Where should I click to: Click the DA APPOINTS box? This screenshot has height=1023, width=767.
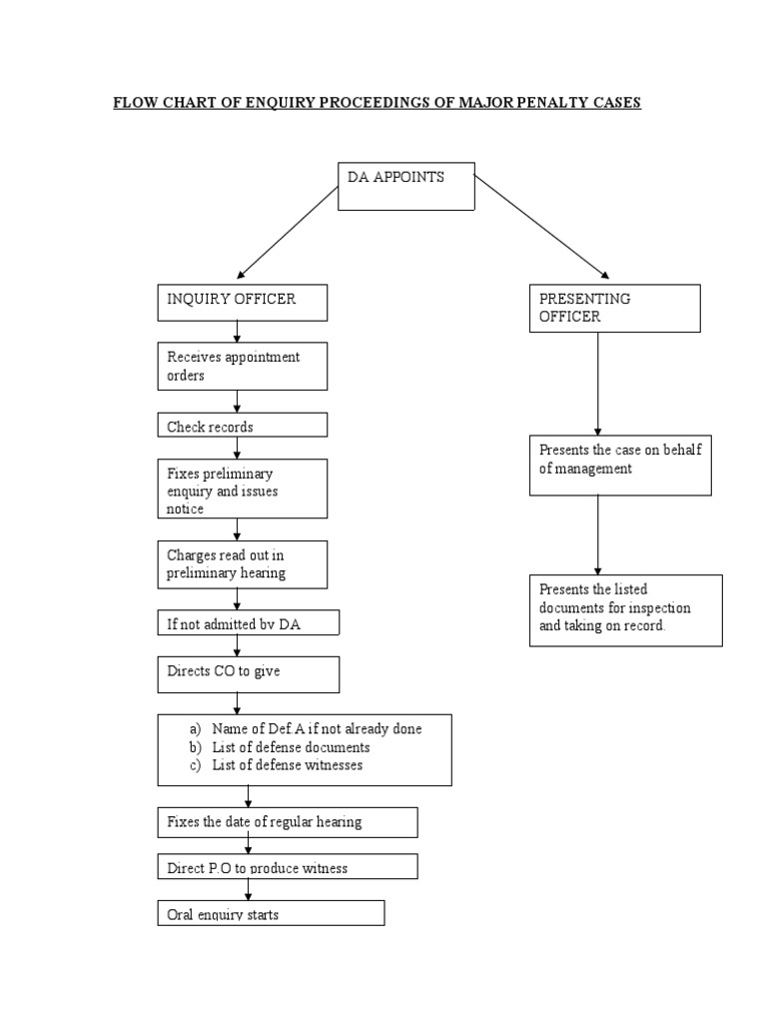405,186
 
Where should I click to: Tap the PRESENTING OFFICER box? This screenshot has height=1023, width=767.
614,308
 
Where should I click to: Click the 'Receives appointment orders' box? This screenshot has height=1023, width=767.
242,366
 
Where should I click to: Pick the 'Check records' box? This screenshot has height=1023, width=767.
242,426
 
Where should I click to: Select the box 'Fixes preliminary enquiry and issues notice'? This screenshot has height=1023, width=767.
242,489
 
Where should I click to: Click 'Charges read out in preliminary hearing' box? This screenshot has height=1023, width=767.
242,563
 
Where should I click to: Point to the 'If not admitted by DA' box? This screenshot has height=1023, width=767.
248,624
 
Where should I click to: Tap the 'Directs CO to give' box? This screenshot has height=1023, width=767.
248,673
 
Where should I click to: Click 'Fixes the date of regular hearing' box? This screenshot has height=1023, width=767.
287,822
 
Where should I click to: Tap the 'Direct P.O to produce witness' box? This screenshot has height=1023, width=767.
287,867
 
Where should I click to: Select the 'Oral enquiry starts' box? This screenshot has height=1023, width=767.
270,913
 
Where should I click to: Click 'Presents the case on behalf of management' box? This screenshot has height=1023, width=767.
619,466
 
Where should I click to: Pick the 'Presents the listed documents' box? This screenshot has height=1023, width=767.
625,609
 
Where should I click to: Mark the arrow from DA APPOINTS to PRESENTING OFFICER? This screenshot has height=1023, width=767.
540,224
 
